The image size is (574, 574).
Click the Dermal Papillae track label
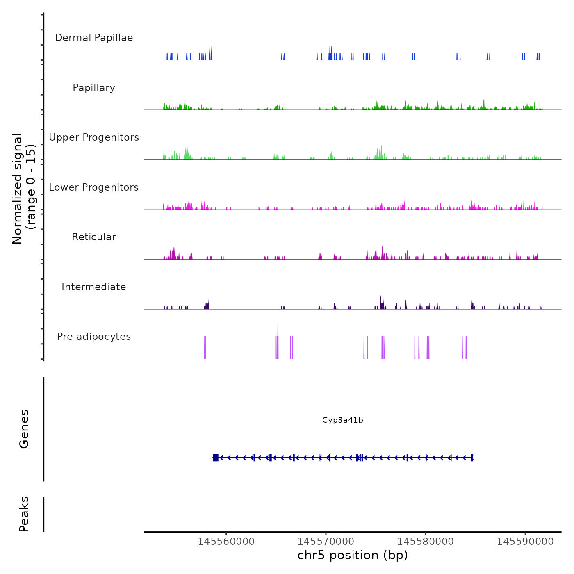pyautogui.click(x=94, y=38)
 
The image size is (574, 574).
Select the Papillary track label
pyautogui.click(x=94, y=88)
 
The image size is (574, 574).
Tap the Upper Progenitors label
pyautogui.click(x=94, y=137)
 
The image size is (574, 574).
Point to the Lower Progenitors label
pyautogui.click(x=94, y=187)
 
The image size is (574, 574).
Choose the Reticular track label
pyautogui.click(x=94, y=237)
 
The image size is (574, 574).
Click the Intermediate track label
pyautogui.click(x=94, y=287)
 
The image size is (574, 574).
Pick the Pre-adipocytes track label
pyautogui.click(x=94, y=337)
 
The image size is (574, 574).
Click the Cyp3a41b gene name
pyautogui.click(x=343, y=420)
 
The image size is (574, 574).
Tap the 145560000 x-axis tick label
pyautogui.click(x=226, y=542)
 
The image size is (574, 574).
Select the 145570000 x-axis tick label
pyautogui.click(x=326, y=542)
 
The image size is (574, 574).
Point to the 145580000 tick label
pyautogui.click(x=426, y=542)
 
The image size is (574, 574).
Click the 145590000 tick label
pyautogui.click(x=525, y=542)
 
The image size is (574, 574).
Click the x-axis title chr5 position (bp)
pyautogui.click(x=353, y=555)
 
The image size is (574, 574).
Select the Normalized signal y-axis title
pyautogui.click(x=24, y=189)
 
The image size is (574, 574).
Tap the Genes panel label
pyautogui.click(x=24, y=429)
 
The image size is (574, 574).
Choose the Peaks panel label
pyautogui.click(x=24, y=514)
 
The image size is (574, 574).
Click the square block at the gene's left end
pyautogui.click(x=216, y=458)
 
